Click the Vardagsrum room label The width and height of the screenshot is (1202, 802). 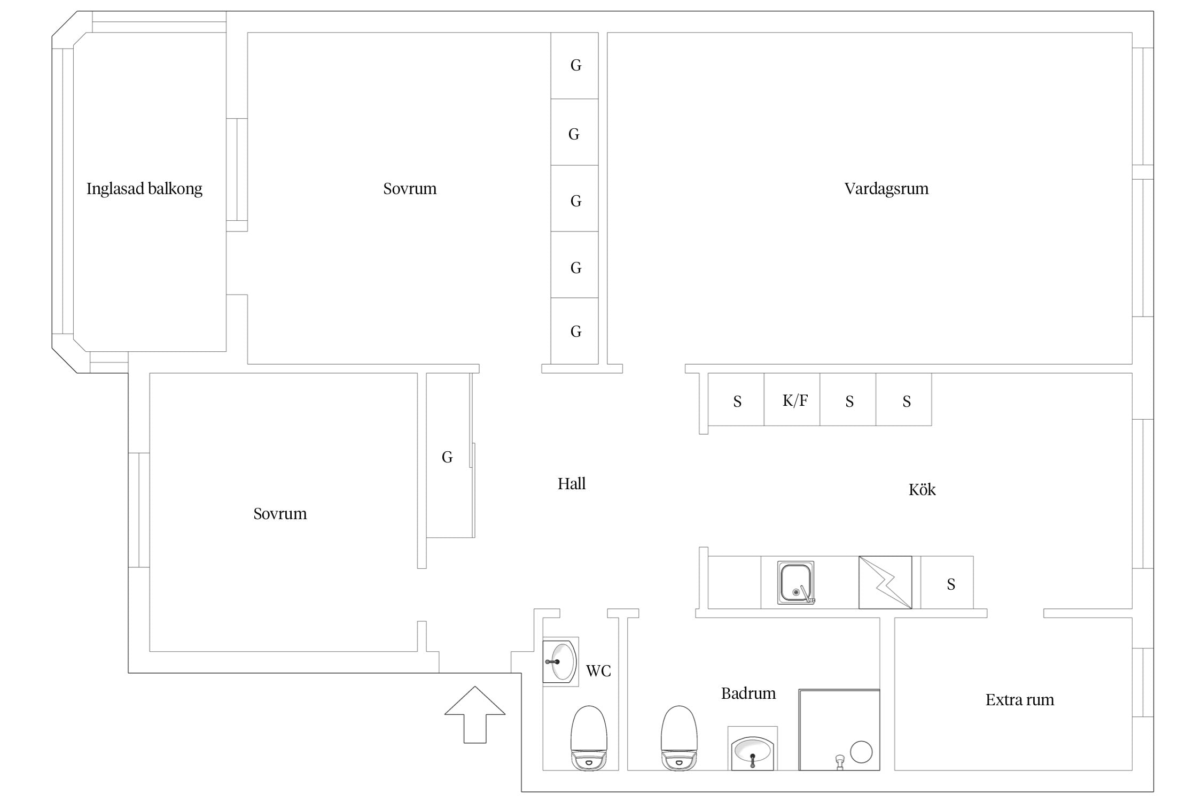(x=886, y=189)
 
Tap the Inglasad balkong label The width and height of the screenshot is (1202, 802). (x=144, y=189)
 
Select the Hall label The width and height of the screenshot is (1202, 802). (x=572, y=484)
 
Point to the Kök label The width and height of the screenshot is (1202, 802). (x=922, y=490)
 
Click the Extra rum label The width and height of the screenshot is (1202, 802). (x=1020, y=700)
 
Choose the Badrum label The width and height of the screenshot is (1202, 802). (x=748, y=693)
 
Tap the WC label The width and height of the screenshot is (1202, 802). (x=598, y=671)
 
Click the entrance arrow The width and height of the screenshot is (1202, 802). (x=475, y=714)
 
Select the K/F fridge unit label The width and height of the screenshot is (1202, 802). (x=795, y=400)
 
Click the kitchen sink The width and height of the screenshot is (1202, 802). (x=796, y=582)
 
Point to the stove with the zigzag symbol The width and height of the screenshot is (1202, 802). (x=885, y=582)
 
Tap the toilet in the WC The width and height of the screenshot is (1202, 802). (x=589, y=738)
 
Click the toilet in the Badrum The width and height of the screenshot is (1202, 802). (x=680, y=738)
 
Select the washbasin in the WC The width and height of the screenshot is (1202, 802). (x=560, y=661)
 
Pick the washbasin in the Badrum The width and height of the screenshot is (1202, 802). (x=753, y=749)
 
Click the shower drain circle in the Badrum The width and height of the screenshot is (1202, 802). (x=861, y=752)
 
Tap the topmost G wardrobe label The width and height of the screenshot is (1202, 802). (x=576, y=65)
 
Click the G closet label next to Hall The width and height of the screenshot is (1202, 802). (x=447, y=457)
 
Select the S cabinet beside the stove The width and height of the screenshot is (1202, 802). (x=951, y=584)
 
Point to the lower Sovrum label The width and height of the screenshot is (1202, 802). (x=280, y=514)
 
